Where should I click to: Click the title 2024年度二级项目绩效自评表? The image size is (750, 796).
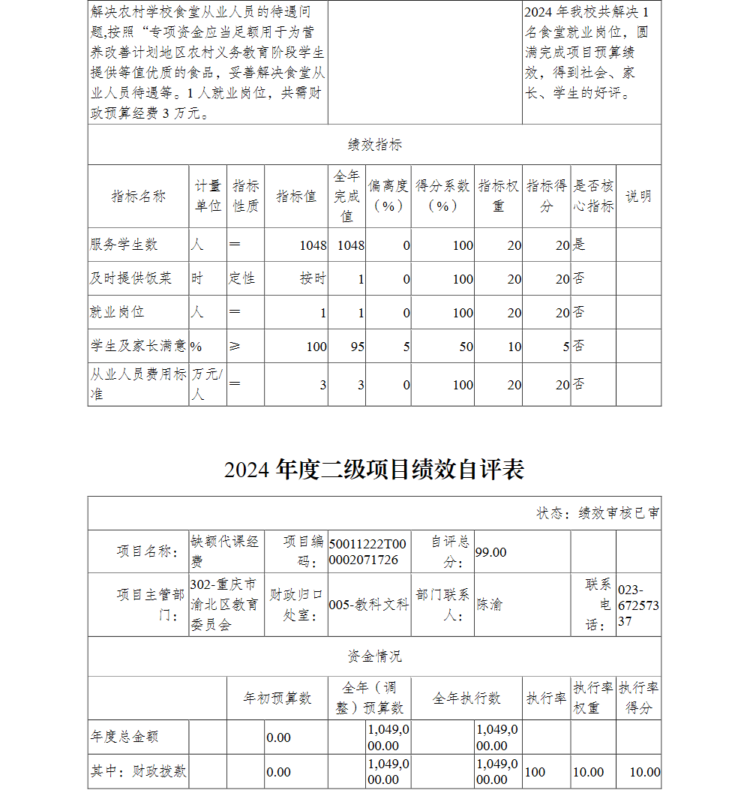click(x=374, y=470)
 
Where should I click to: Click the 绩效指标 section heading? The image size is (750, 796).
click(x=374, y=145)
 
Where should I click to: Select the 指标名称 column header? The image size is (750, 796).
click(x=138, y=197)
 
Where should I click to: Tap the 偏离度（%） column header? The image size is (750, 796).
click(x=388, y=197)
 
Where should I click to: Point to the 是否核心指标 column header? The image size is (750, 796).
click(x=593, y=197)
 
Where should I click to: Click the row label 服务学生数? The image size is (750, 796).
click(x=124, y=245)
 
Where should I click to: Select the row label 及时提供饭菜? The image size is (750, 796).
click(x=131, y=278)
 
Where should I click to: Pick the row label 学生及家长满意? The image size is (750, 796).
click(x=138, y=346)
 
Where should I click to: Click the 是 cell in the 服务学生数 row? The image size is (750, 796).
click(x=579, y=245)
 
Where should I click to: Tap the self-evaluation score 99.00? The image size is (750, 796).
click(x=491, y=552)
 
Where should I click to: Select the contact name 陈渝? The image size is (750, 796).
click(x=490, y=605)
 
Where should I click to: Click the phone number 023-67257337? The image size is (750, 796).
click(x=638, y=605)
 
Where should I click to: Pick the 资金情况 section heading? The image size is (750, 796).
click(x=374, y=656)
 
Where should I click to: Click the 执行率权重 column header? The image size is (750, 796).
click(x=593, y=698)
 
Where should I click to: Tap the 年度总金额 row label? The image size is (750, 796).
click(x=124, y=737)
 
